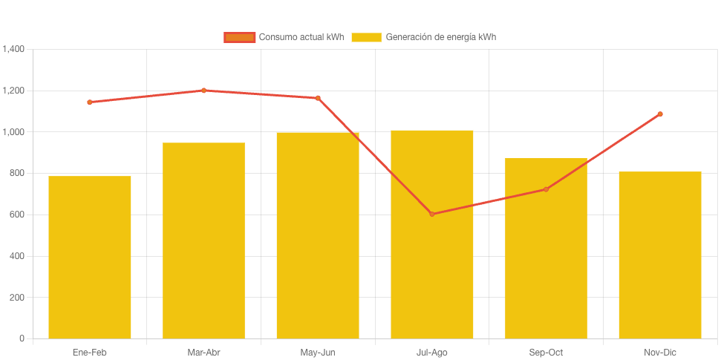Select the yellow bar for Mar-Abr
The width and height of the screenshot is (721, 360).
(203, 240)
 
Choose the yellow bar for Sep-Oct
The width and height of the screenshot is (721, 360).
(546, 248)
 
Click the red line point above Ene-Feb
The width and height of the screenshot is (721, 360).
(90, 102)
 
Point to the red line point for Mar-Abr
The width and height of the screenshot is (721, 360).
(203, 91)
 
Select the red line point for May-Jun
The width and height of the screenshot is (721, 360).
(318, 98)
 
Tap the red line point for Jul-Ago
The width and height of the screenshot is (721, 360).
(432, 214)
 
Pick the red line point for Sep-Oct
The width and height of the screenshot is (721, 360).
(546, 189)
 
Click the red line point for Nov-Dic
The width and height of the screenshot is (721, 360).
(660, 114)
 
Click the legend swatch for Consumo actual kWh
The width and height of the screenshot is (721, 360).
(239, 37)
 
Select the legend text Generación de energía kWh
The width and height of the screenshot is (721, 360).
(440, 37)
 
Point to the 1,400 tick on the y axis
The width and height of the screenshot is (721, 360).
(14, 50)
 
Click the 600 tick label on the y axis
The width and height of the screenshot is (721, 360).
(17, 215)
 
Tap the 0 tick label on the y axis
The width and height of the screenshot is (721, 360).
(22, 339)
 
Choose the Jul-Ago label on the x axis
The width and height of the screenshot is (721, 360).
(432, 353)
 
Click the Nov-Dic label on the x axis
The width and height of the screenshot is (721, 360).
(660, 353)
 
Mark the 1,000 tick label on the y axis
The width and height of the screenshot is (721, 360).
(14, 132)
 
